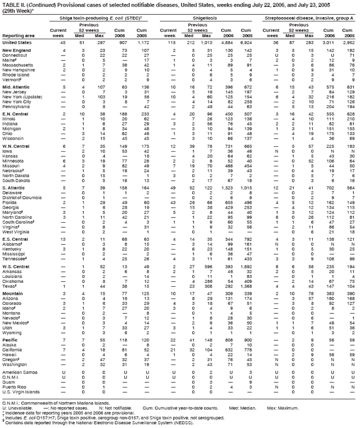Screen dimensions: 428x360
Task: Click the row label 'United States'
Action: point(15,42)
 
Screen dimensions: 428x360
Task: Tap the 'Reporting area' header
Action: point(17,35)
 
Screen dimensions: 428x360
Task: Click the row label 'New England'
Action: point(15,51)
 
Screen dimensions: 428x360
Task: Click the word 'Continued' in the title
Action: point(42,4)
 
